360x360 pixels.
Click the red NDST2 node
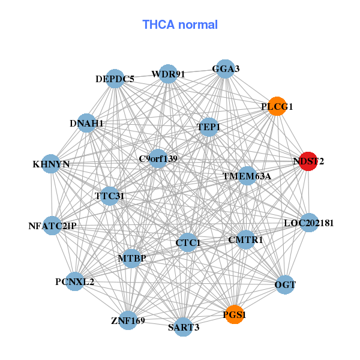308,161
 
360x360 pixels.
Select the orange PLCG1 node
277,106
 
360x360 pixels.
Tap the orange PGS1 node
235,314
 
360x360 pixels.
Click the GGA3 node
226,69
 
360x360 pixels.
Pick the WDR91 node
168,74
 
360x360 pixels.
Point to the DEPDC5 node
115,79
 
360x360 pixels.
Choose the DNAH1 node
86,123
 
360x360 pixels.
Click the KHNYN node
51,164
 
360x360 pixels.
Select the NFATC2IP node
52,226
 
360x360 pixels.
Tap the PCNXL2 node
75,281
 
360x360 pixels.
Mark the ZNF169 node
128,320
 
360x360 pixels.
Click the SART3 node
184,327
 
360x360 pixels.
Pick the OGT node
285,284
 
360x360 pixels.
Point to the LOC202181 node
309,223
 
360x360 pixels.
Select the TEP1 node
209,127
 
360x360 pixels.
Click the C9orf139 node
158,158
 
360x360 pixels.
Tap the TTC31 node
110,196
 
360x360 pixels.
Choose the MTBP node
132,259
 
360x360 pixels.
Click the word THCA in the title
158,25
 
